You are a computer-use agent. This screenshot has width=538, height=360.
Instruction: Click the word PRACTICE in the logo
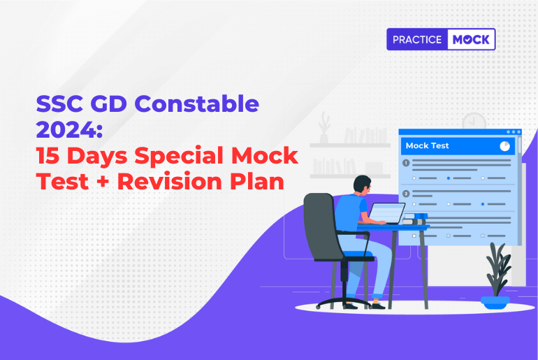pos(416,40)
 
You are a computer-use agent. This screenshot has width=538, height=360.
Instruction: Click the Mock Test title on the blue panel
pos(428,146)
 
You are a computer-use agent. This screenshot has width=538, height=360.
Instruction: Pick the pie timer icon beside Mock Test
pos(504,146)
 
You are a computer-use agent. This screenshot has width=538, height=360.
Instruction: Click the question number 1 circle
pos(406,163)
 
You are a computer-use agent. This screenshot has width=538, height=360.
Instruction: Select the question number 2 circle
pos(406,193)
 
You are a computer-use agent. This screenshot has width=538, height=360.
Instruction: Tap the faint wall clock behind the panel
pos(474,123)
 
